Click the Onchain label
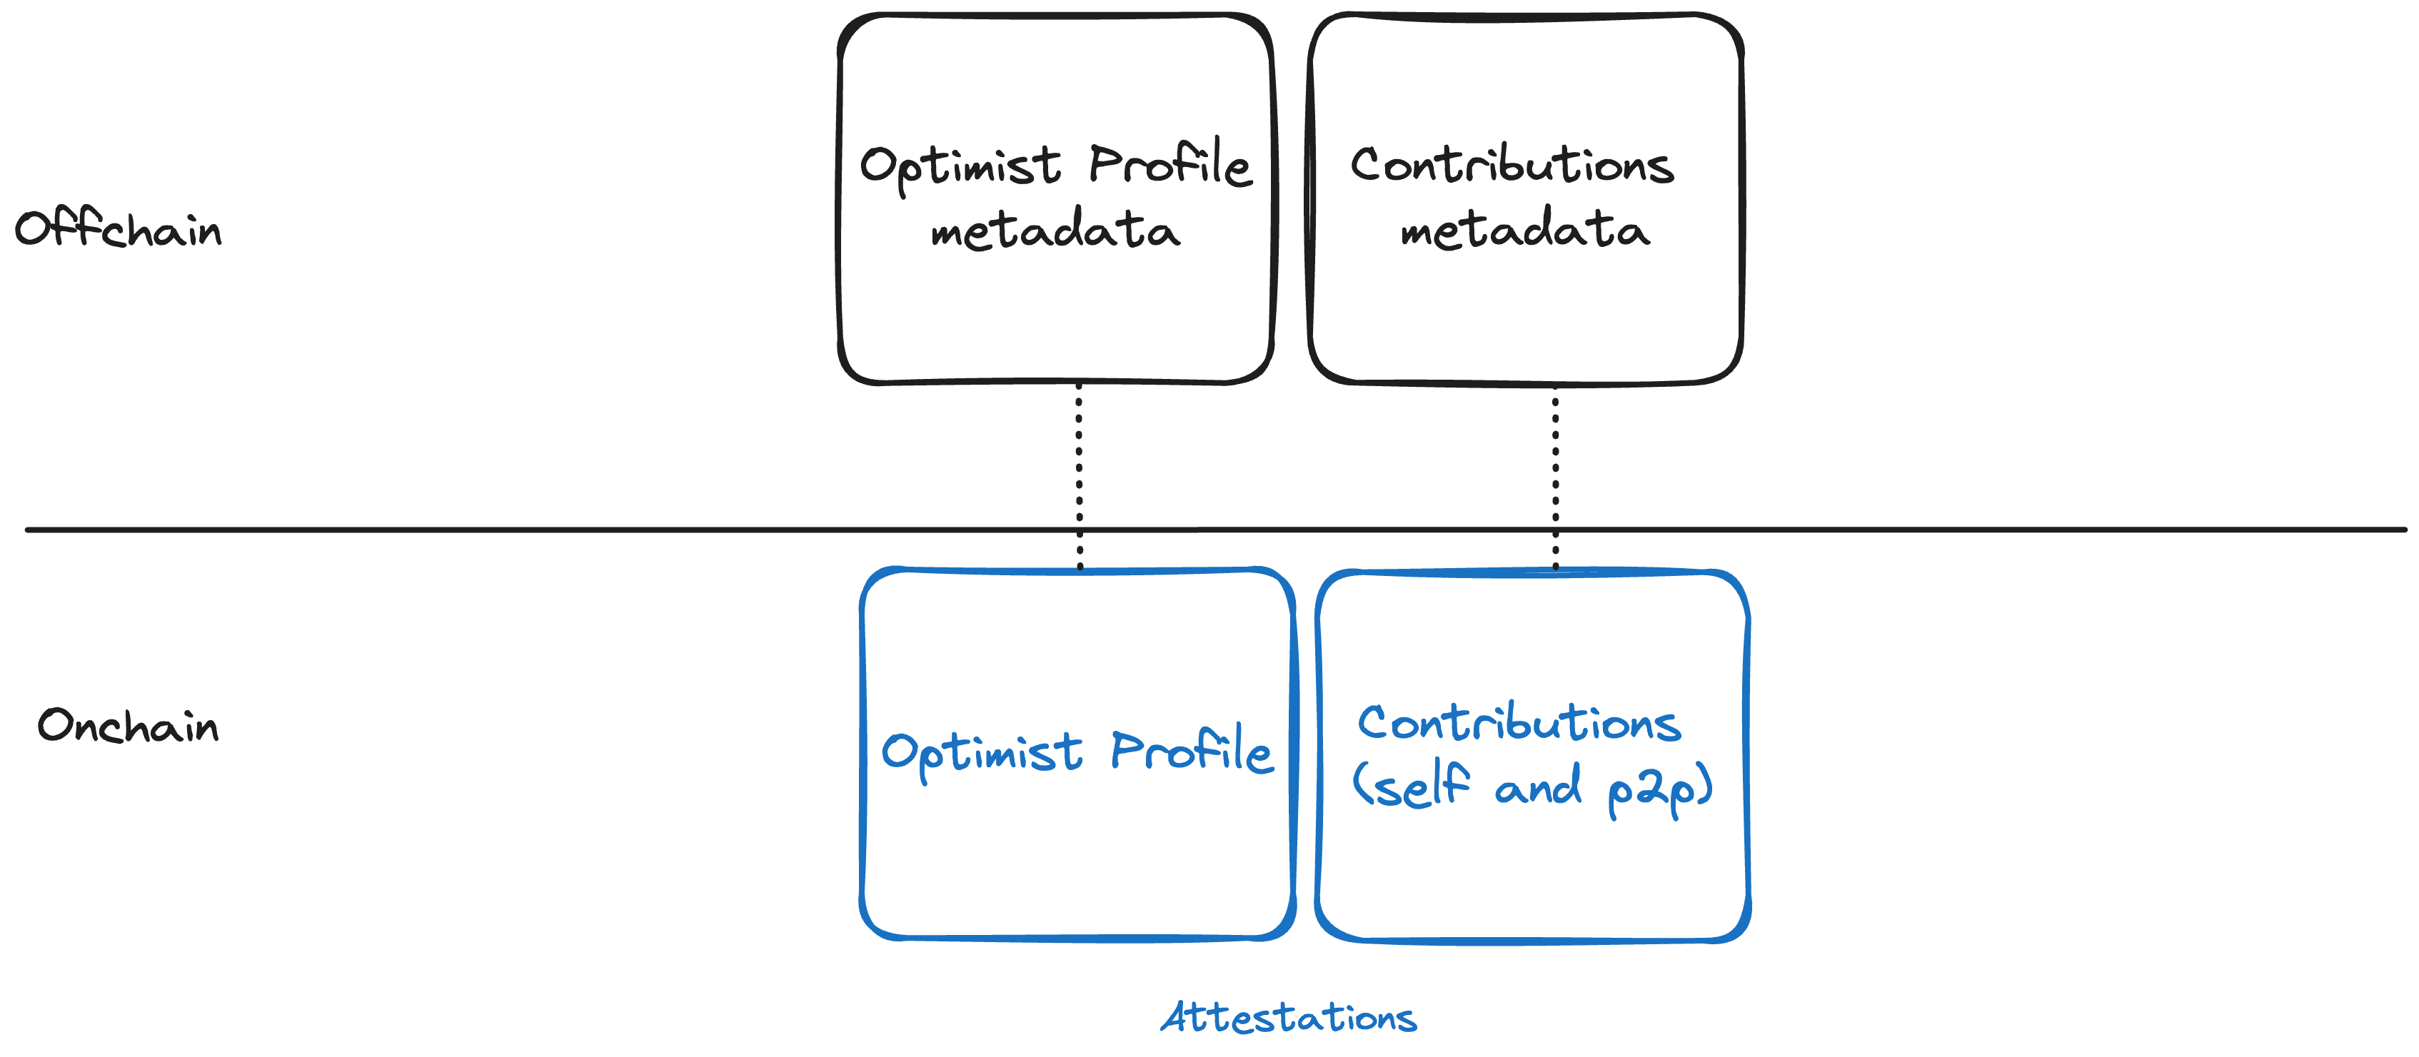pos(128,727)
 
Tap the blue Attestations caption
pos(1288,1018)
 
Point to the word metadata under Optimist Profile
pos(1055,231)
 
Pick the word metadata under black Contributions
pos(1524,231)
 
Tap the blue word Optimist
pos(981,754)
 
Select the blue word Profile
pos(1191,752)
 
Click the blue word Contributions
pos(1519,724)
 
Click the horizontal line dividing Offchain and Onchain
pos(563,530)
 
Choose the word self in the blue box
pos(1413,787)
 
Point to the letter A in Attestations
pos(1177,1018)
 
